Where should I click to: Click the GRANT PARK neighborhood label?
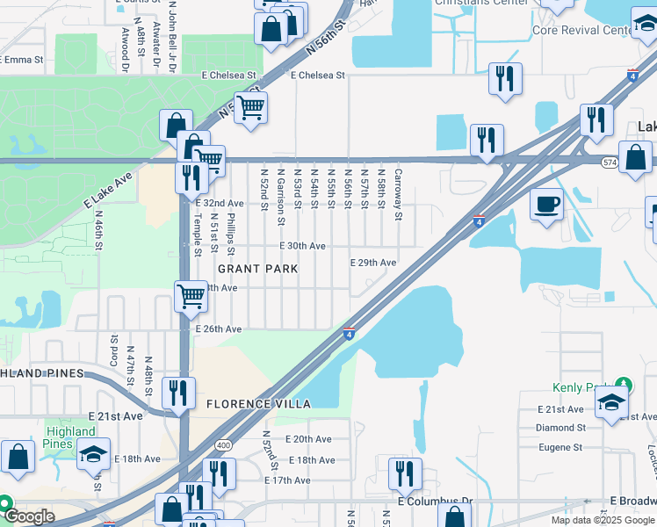coord(257,268)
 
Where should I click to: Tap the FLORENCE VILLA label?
coord(258,404)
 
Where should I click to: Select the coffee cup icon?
coord(546,205)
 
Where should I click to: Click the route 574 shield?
coord(610,162)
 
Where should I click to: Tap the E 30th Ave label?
coord(303,247)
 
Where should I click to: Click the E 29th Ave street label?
coord(372,263)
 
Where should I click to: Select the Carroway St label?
coord(398,194)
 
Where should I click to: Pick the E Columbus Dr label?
coord(435,502)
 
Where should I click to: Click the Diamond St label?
coord(560,428)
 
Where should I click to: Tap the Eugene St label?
coord(560,447)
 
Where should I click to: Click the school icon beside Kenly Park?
coord(611,403)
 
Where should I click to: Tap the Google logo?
coord(30,516)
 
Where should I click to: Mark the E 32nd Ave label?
coord(220,204)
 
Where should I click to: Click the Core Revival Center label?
coord(581,30)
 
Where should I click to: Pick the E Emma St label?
coord(22,60)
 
